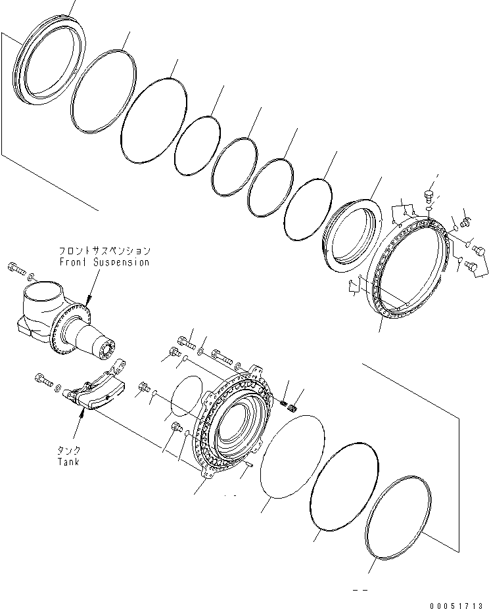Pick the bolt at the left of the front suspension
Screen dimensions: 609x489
(x=15, y=266)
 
